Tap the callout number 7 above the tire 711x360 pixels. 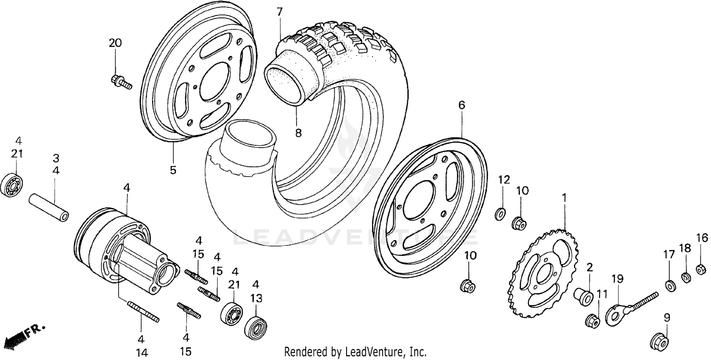coord(280,12)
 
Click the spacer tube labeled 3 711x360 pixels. coord(49,207)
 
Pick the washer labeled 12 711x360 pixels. coord(500,214)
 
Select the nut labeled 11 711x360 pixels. coord(592,321)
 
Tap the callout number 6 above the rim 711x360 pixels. coord(461,105)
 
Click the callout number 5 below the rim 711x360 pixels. coord(173,170)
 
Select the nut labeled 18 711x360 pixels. coord(685,277)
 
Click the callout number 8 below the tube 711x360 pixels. coord(298,133)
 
